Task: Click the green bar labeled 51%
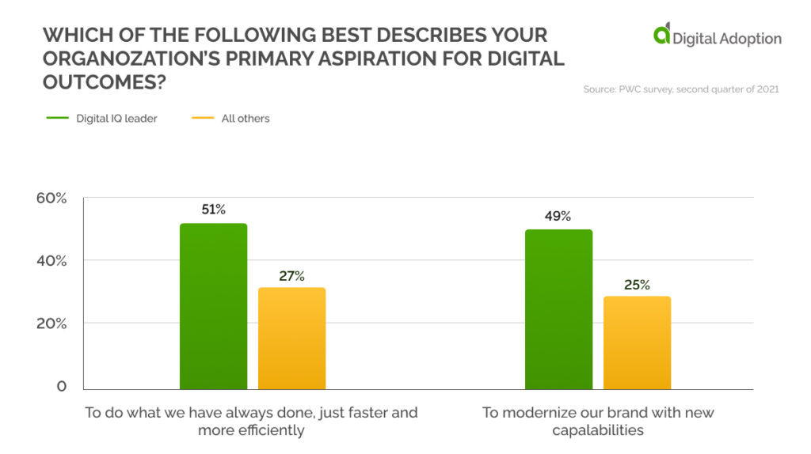pyautogui.click(x=213, y=306)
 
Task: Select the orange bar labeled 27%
pyautogui.click(x=291, y=338)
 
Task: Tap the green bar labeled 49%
pyautogui.click(x=558, y=309)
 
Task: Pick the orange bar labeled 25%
pyautogui.click(x=637, y=342)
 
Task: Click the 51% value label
pyautogui.click(x=214, y=210)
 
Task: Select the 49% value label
pyautogui.click(x=558, y=216)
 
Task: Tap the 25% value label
pyautogui.click(x=637, y=284)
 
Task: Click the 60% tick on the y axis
pyautogui.click(x=51, y=198)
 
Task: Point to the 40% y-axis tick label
pyautogui.click(x=51, y=260)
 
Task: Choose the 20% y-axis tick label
pyautogui.click(x=51, y=323)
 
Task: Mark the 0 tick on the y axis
pyautogui.click(x=61, y=387)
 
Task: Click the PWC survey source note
pyautogui.click(x=681, y=89)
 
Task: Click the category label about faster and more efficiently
pyautogui.click(x=251, y=422)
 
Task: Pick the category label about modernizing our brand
pyautogui.click(x=598, y=422)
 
